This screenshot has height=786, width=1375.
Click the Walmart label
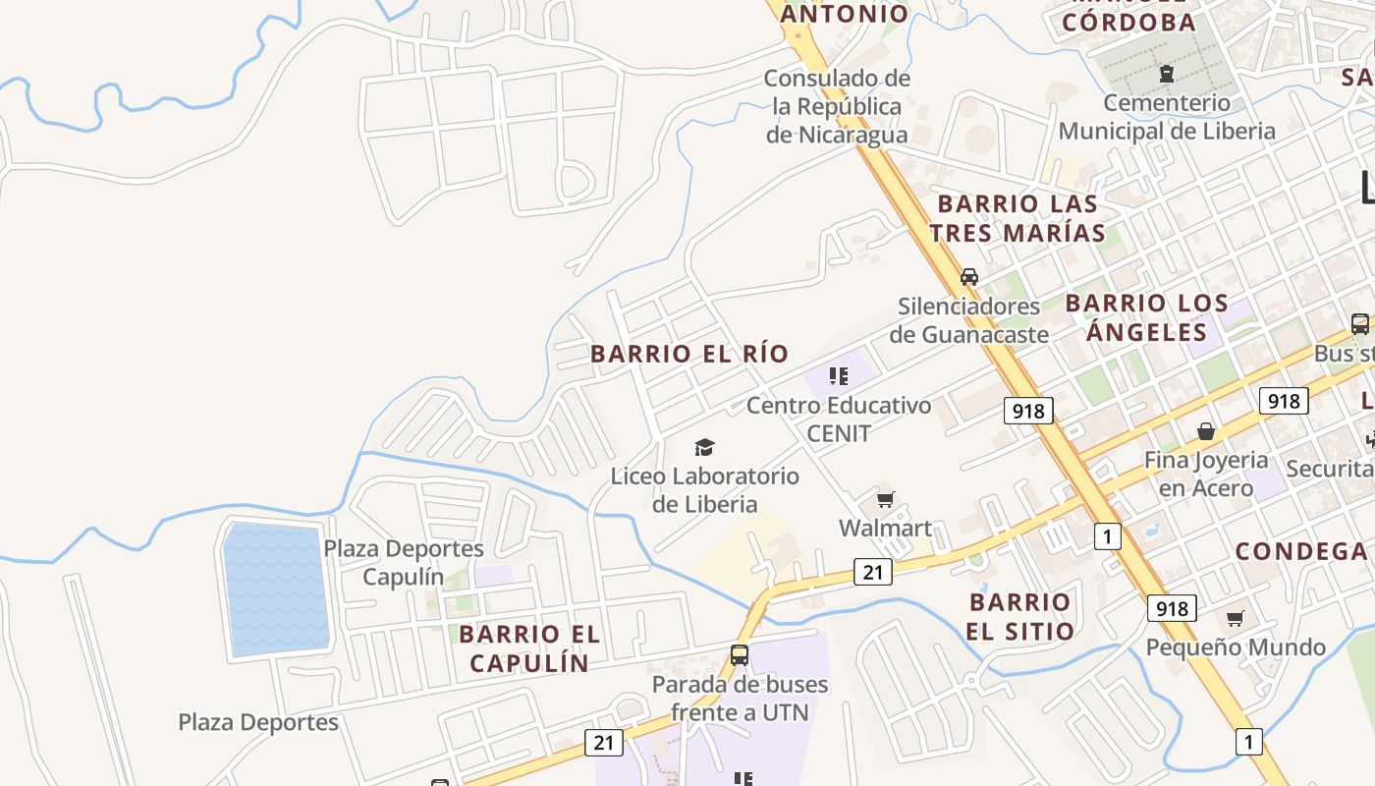[885, 529]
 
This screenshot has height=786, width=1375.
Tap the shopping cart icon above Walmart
[885, 500]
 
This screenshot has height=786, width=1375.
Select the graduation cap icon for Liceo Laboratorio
[704, 448]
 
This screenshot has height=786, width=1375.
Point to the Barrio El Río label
[689, 354]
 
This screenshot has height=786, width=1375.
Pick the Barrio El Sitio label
[1020, 616]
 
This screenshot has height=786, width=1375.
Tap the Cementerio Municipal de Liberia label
[1167, 117]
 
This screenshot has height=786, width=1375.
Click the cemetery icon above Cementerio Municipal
[1166, 74]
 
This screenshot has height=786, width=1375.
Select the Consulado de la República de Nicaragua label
[838, 106]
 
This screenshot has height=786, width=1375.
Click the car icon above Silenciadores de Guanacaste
[969, 277]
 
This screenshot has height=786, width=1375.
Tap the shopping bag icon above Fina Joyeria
[1205, 431]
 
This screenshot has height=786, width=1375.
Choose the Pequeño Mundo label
[1236, 647]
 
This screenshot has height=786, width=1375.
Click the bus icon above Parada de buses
[740, 655]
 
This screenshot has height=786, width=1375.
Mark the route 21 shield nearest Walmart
[873, 571]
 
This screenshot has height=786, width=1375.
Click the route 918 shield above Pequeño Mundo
[1171, 608]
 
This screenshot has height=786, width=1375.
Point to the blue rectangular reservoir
[275, 589]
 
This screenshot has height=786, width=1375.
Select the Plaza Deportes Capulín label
[404, 562]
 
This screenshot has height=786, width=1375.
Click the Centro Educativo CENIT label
[839, 419]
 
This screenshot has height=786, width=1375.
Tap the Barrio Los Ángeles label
[1146, 317]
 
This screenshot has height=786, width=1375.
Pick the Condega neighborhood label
[1301, 551]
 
